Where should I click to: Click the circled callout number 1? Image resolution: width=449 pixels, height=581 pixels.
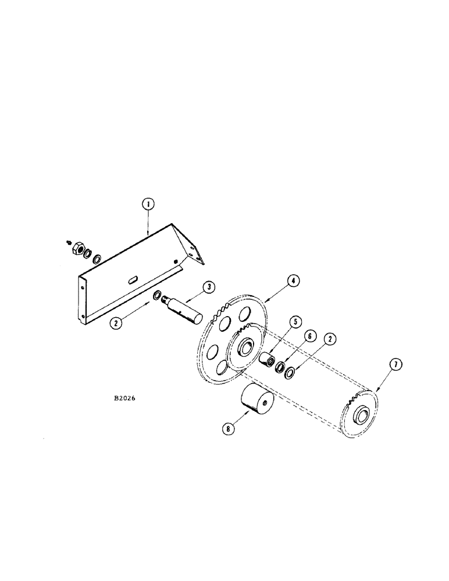click(148, 204)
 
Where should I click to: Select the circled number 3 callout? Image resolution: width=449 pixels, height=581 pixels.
click(208, 288)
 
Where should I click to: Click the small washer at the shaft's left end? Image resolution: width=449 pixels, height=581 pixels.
click(157, 296)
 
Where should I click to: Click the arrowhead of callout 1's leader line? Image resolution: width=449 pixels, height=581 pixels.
click(148, 234)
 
